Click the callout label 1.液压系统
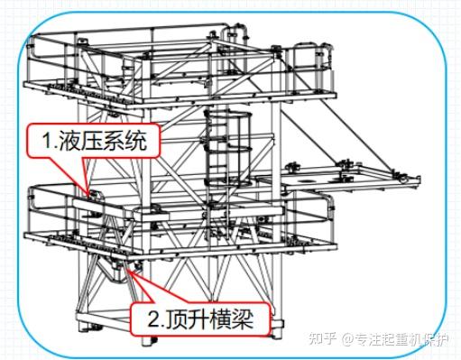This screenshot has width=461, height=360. (98, 141)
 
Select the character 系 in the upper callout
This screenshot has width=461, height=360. (121, 141)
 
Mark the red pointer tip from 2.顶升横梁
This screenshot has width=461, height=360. (133, 268)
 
